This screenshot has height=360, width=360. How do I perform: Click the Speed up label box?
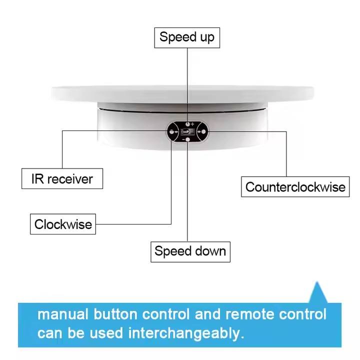tap(186, 37)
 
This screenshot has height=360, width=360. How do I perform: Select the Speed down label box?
tap(190, 251)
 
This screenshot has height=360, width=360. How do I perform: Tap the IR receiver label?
tap(62, 178)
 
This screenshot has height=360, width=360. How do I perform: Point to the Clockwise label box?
tap(63, 224)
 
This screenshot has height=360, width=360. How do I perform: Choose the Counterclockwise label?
tap(295, 187)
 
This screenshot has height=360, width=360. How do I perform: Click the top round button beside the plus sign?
tap(187, 123)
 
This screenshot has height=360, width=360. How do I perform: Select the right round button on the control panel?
tap(203, 131)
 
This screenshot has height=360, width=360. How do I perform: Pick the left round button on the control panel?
tap(171, 131)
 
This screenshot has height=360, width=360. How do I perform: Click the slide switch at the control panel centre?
tap(187, 131)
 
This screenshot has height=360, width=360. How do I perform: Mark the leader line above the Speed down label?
tap(187, 200)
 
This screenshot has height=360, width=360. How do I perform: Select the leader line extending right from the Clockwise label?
tap(135, 223)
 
